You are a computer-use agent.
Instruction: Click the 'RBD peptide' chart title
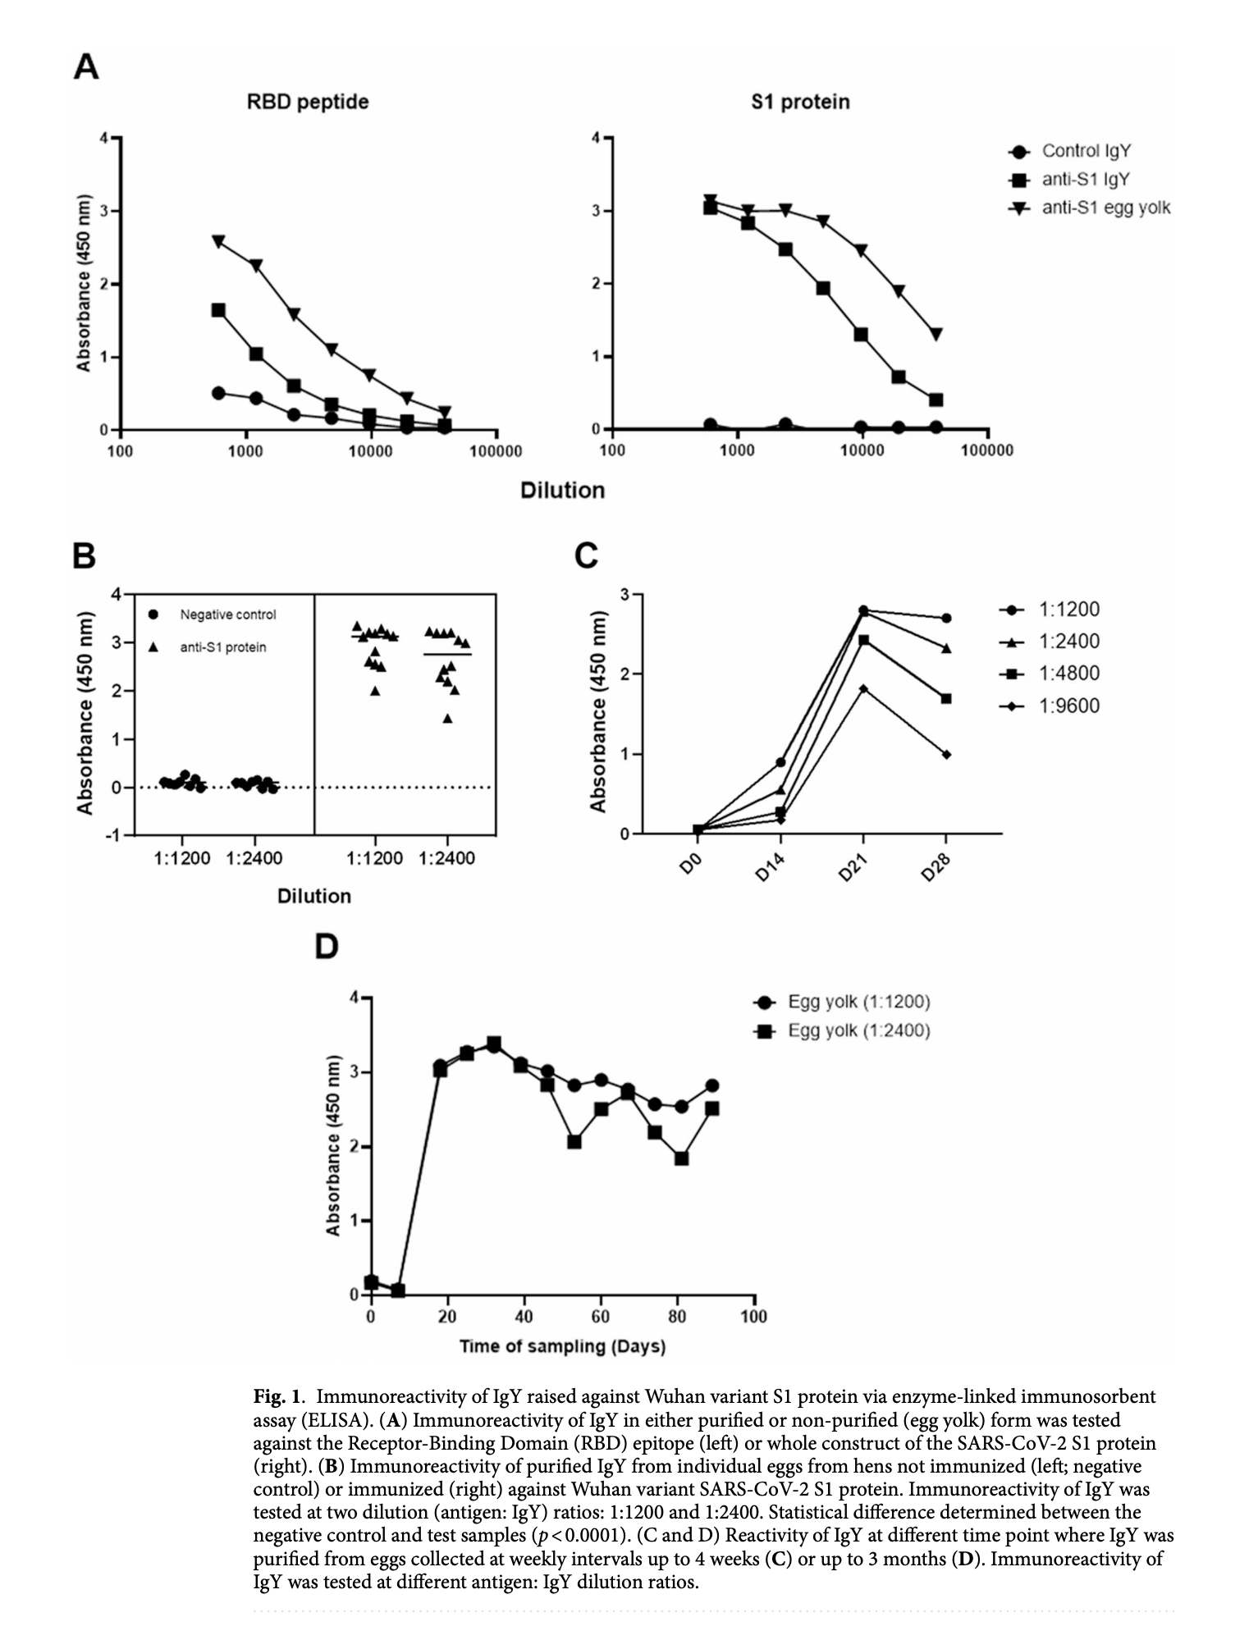tap(307, 102)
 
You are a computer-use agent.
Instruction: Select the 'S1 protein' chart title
tap(799, 102)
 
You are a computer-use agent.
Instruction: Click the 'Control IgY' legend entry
tap(1086, 151)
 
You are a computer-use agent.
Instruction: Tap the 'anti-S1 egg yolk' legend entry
tap(1105, 208)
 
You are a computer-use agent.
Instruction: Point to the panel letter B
tap(85, 556)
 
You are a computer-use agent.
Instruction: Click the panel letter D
tap(327, 947)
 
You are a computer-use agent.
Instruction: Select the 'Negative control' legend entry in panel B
tap(227, 614)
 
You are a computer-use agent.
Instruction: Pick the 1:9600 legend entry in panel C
tap(1068, 706)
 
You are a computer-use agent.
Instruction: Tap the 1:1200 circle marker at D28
tap(946, 618)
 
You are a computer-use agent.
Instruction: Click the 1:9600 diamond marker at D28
tap(946, 754)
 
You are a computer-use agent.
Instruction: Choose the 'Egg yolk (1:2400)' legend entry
tap(858, 1030)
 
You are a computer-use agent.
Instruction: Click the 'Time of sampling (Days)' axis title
tap(562, 1346)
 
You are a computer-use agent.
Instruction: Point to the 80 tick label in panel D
tap(677, 1317)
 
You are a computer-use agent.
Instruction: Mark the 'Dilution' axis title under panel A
tap(562, 490)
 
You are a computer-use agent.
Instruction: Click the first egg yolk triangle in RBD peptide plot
tap(218, 242)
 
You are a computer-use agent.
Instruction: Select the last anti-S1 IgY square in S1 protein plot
tap(936, 400)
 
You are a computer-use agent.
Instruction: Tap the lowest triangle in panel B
tap(447, 719)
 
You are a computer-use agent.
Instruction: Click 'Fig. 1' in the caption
tap(278, 1395)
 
